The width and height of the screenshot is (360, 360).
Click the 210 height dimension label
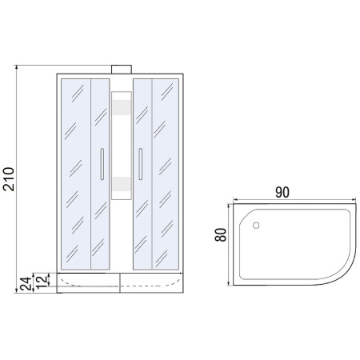pyautogui.click(x=9, y=179)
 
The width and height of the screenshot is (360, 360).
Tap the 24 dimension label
pyautogui.click(x=26, y=284)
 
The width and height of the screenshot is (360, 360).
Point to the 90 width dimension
pyautogui.click(x=282, y=192)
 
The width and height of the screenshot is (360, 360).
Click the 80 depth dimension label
pyautogui.click(x=221, y=235)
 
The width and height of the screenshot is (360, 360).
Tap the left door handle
pyautogui.click(x=102, y=164)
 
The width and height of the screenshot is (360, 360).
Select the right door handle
pyautogui.click(x=141, y=164)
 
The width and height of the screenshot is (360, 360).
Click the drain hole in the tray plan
pyautogui.click(x=256, y=226)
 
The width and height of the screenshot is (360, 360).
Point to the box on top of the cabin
pyautogui.click(x=122, y=70)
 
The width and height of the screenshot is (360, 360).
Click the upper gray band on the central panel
pyautogui.click(x=122, y=107)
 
